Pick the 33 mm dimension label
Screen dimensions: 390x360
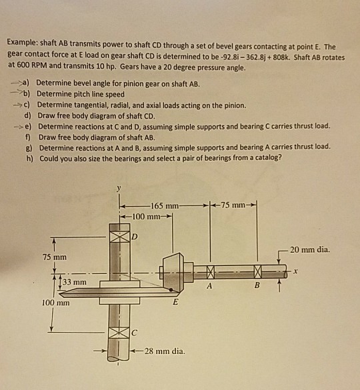coord(76,283)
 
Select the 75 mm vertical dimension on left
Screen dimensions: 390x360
coord(55,257)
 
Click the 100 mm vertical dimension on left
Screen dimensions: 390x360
coord(55,302)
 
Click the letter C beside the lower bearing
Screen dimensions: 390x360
coord(133,331)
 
